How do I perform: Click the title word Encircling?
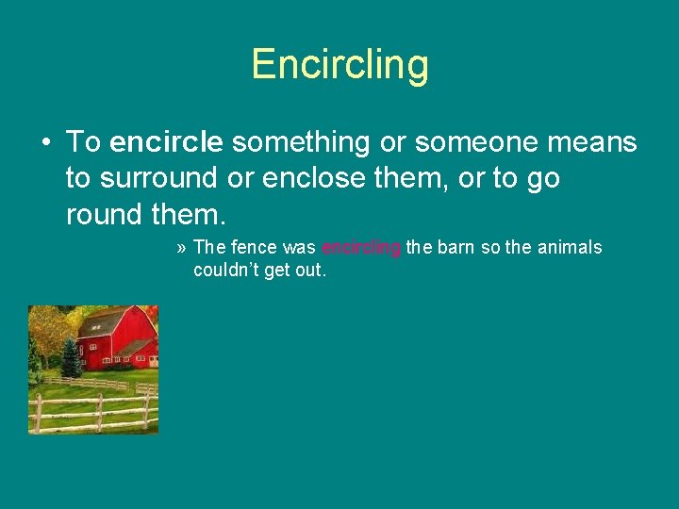coord(339,64)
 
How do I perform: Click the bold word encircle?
coord(166,142)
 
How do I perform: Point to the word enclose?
coord(320,178)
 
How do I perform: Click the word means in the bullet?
coord(593,142)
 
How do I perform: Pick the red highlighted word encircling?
coord(361,248)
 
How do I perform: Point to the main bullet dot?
coord(44,143)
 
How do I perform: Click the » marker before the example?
coord(181,248)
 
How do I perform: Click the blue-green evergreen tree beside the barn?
coord(70,358)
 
